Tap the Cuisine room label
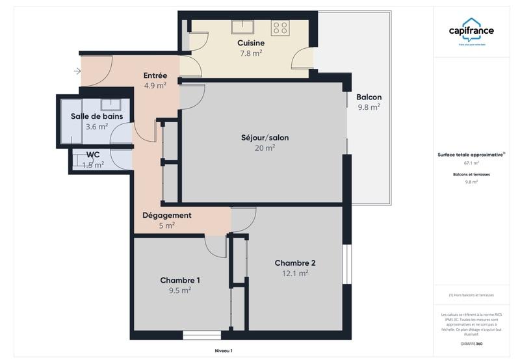point(250,43)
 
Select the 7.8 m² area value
point(251,53)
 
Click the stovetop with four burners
point(281,27)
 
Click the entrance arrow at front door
point(77,71)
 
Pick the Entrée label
point(155,75)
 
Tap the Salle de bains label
point(97,116)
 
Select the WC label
point(93,155)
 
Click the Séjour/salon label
point(265,137)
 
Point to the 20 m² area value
point(265,148)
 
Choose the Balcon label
point(369,97)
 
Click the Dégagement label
point(167,215)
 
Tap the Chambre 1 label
point(180,280)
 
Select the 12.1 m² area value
point(295,274)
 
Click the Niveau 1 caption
point(223,351)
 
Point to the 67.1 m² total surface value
point(471,163)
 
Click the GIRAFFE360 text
point(471,343)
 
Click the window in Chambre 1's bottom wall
point(197,335)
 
